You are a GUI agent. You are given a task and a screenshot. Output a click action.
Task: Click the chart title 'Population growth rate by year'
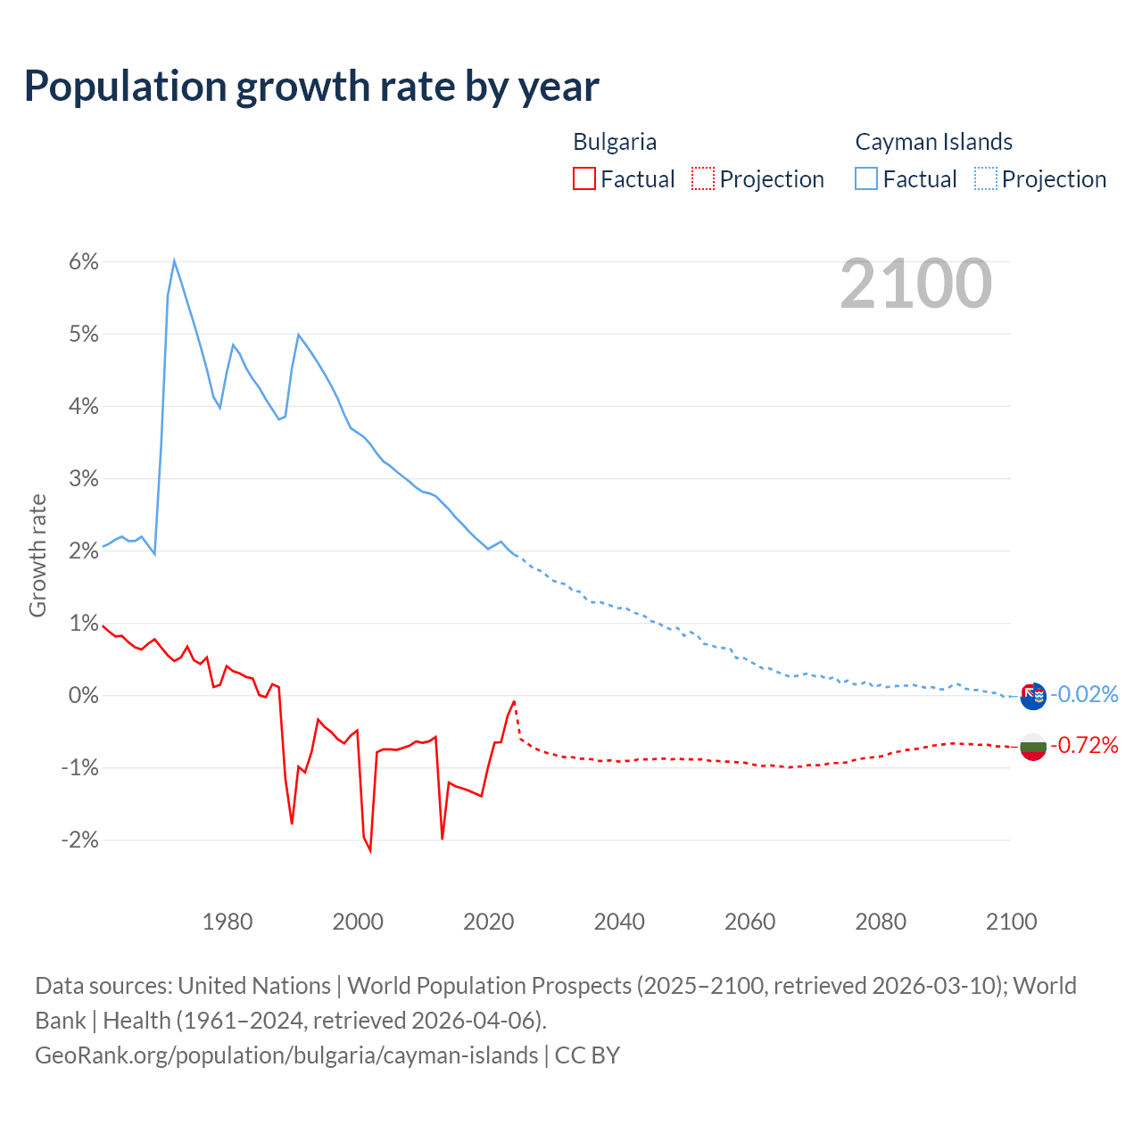pos(311,87)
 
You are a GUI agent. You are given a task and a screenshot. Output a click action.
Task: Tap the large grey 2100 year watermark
pos(915,284)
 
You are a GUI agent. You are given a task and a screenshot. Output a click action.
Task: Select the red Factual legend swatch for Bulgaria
pos(583,179)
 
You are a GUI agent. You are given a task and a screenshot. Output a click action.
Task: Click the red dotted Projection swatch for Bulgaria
pos(702,179)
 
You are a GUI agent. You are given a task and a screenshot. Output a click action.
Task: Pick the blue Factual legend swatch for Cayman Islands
pos(865,179)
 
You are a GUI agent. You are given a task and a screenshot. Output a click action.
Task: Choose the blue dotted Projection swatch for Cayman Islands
pos(985,179)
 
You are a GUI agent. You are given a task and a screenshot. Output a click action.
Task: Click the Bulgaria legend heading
pos(615,142)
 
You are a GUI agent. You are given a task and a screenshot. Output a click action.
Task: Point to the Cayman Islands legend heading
pos(933,142)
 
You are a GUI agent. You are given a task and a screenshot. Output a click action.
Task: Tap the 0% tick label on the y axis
pos(83,695)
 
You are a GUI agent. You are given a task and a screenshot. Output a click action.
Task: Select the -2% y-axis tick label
pos(79,840)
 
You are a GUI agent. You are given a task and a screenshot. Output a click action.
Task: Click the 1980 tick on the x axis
pos(228,922)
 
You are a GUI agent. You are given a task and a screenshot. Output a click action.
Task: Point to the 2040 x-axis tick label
pos(619,922)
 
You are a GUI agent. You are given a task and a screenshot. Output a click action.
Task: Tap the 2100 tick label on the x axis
pos(1011,922)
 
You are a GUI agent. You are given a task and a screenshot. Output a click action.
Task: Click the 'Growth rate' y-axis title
pos(37,555)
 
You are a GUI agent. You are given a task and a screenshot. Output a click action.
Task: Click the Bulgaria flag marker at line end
pos(1032,747)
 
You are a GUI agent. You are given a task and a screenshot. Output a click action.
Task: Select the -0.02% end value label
pos(1084,694)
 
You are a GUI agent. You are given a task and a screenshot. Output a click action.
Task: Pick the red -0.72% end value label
pos(1084,745)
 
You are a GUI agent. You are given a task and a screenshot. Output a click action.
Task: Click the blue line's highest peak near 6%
pos(174,261)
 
